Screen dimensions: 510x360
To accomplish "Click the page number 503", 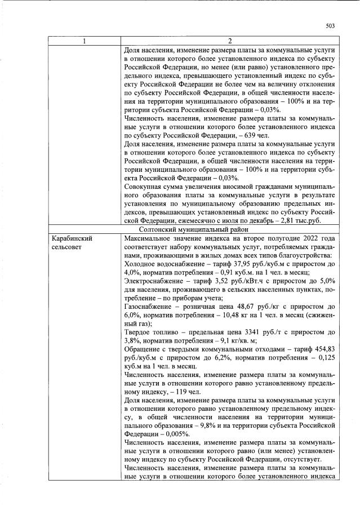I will (331, 25).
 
